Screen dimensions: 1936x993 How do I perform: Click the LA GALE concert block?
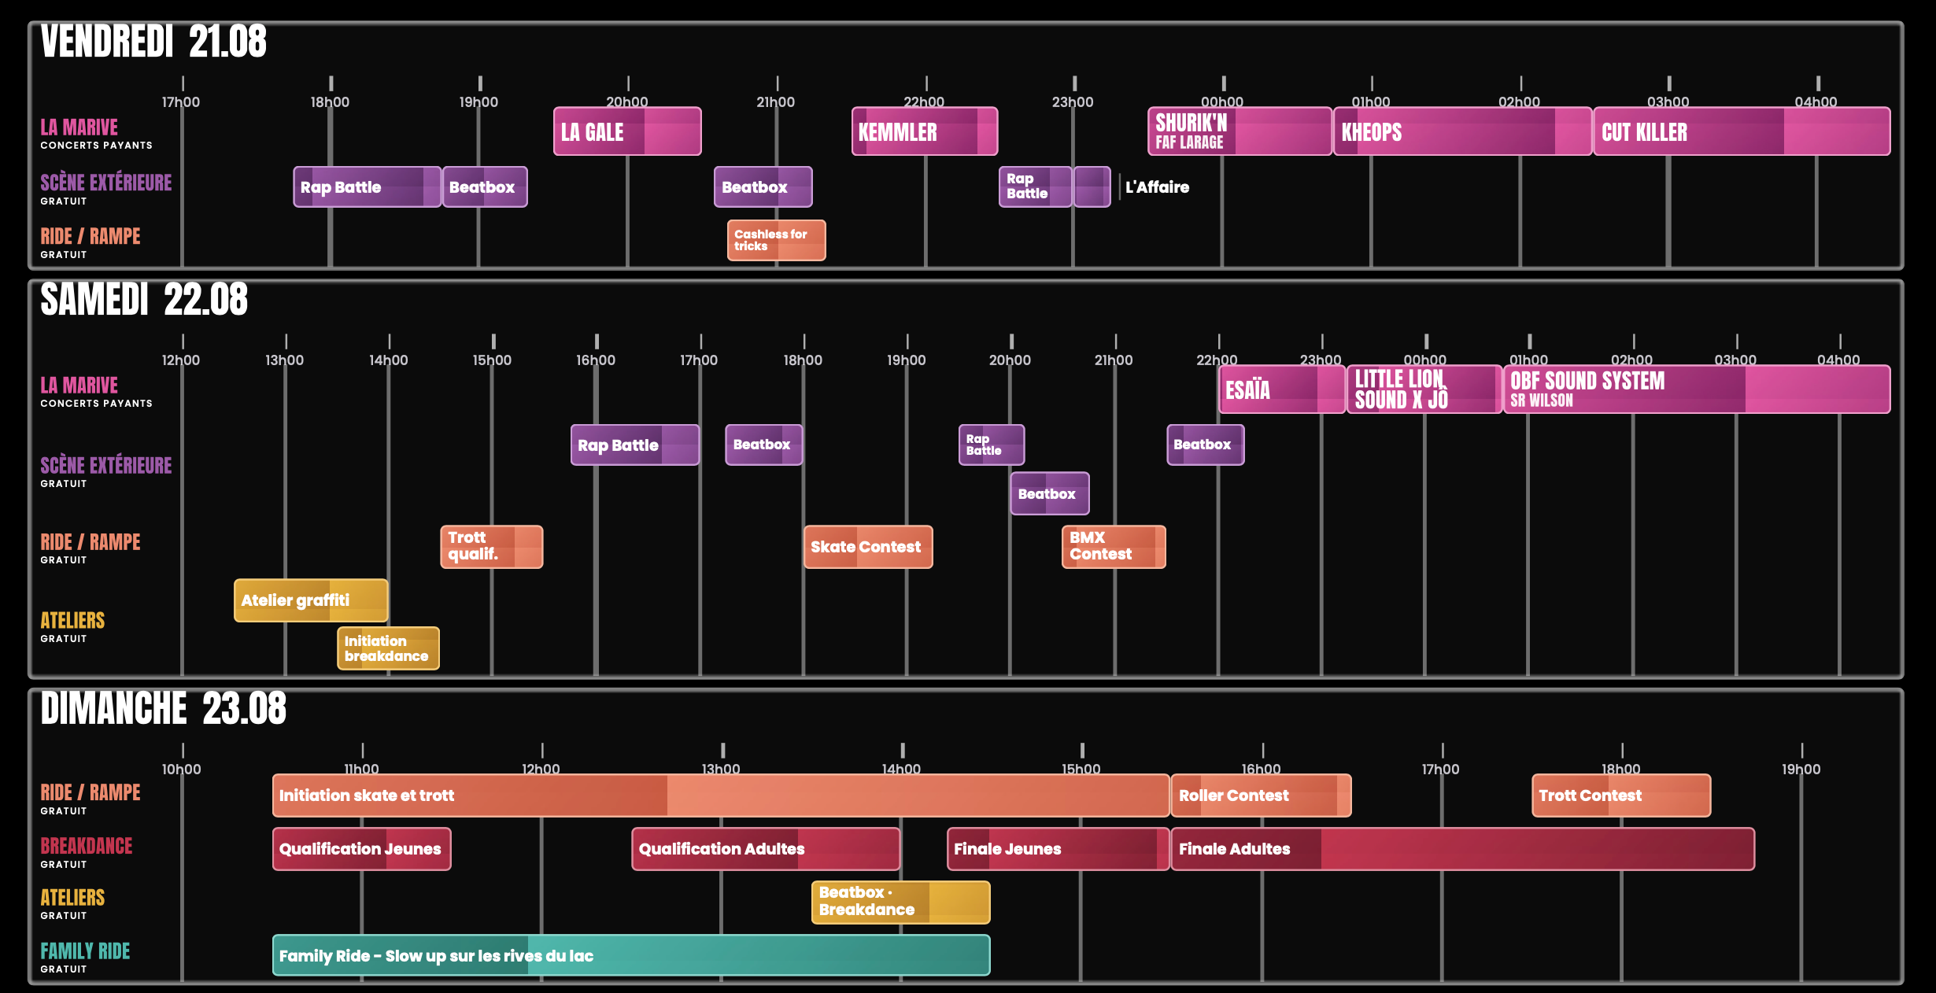point(627,131)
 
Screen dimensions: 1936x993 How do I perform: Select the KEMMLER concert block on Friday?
point(925,131)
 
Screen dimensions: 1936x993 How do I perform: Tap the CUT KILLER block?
point(1742,131)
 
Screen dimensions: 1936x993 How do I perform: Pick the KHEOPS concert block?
point(1462,131)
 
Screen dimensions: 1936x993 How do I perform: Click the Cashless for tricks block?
point(776,240)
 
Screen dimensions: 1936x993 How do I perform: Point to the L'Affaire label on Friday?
point(1157,187)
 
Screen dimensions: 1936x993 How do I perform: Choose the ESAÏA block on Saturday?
point(1282,389)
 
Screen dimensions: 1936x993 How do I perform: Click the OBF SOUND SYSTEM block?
point(1697,389)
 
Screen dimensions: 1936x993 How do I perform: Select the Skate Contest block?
point(868,547)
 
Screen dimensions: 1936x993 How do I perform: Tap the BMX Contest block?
point(1114,547)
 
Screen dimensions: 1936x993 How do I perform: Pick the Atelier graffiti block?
point(311,600)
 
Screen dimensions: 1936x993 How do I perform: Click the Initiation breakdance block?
point(388,648)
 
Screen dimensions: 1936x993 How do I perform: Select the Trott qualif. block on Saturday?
point(491,547)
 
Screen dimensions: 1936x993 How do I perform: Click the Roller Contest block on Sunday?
point(1261,796)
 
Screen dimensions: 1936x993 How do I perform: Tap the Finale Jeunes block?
point(1058,849)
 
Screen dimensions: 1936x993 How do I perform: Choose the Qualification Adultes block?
point(766,849)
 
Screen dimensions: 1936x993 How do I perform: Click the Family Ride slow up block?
point(631,955)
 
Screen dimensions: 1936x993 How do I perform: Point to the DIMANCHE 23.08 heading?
point(164,708)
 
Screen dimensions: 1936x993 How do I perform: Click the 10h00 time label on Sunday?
point(181,769)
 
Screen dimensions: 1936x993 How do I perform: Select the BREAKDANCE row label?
point(87,846)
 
